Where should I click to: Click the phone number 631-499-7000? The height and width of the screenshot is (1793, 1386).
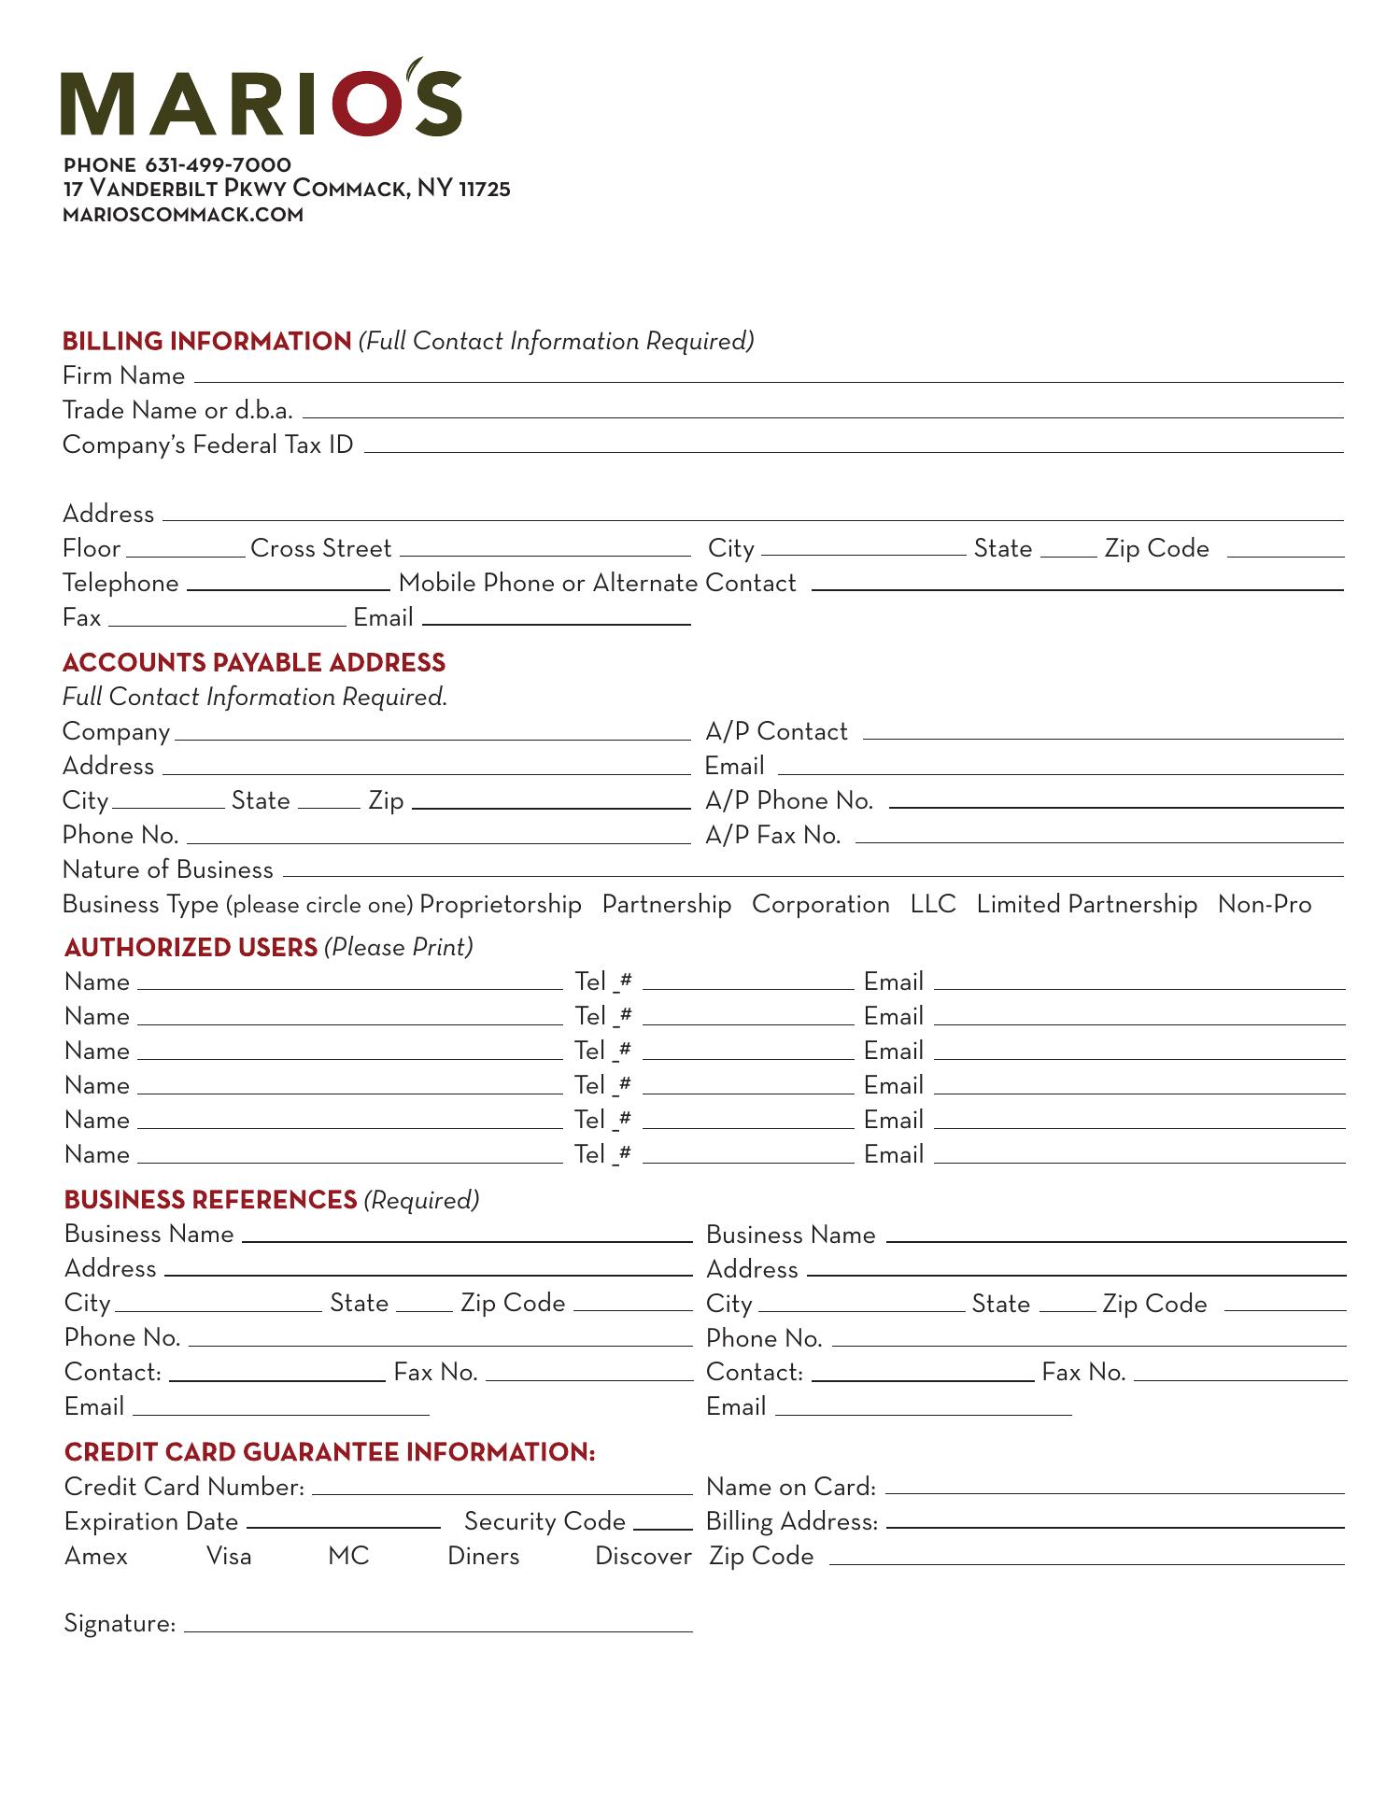pos(218,165)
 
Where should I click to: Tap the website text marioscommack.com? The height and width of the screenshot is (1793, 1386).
pos(183,215)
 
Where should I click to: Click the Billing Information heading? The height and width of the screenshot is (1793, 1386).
pos(206,342)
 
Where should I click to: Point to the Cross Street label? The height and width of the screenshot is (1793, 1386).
pos(320,549)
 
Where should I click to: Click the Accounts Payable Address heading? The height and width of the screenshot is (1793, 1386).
pos(254,663)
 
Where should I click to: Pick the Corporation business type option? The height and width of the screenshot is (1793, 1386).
pos(820,905)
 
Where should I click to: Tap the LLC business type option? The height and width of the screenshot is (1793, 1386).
pos(933,905)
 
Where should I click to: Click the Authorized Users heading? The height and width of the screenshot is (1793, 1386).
pos(191,948)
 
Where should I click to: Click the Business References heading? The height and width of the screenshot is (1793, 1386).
pos(210,1200)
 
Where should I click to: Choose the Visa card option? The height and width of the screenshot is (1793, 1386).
pos(229,1557)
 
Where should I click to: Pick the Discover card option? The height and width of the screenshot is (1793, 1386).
pos(643,1557)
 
